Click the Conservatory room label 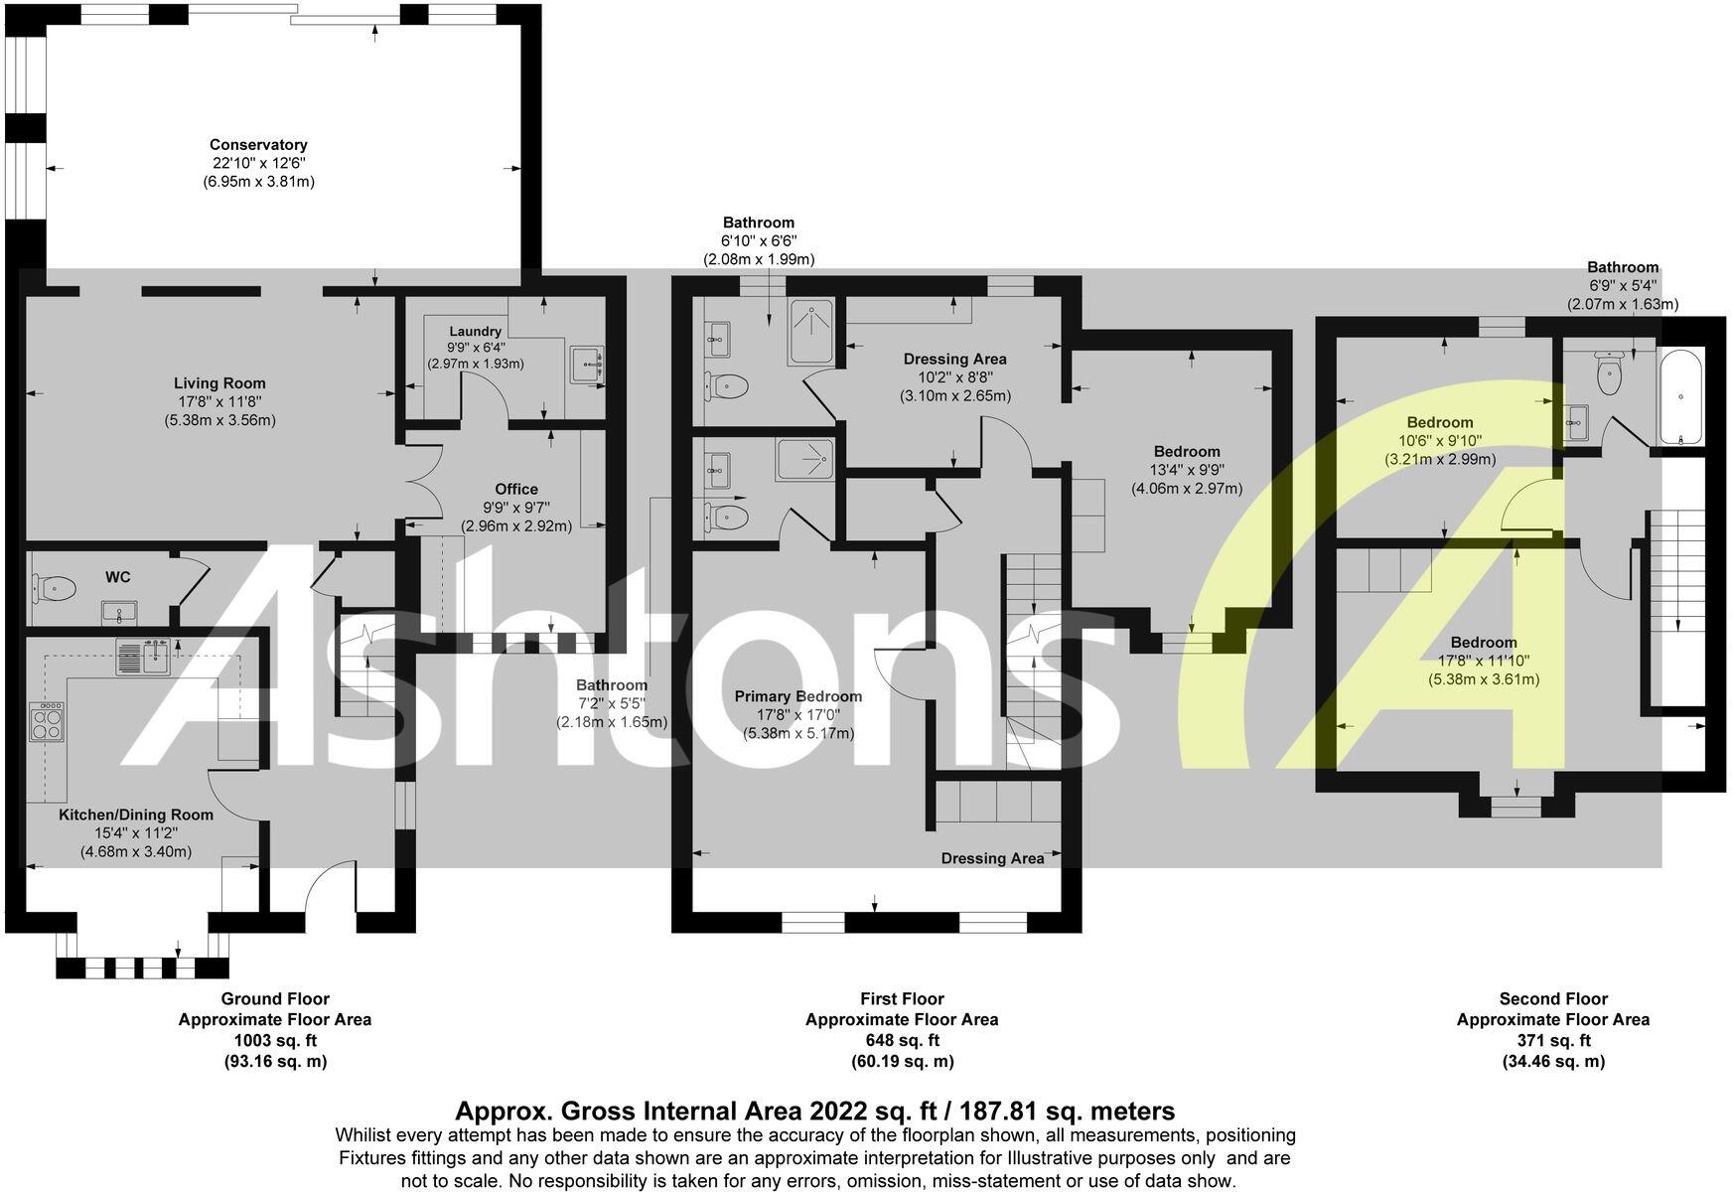point(258,145)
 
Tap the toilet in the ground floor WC point(56,589)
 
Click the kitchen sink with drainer point(145,656)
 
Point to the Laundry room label point(475,331)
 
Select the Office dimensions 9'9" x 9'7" point(516,508)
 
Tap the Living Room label point(219,383)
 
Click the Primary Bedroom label point(798,696)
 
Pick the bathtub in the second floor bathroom point(1680,396)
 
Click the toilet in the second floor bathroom point(1609,373)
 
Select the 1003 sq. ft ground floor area point(275,1040)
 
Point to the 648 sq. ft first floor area point(902,1040)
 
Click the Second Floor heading point(1553,998)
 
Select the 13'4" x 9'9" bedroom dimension point(1187,470)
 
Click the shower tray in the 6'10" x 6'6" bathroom point(813,332)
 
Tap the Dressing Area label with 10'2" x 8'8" point(954,359)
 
